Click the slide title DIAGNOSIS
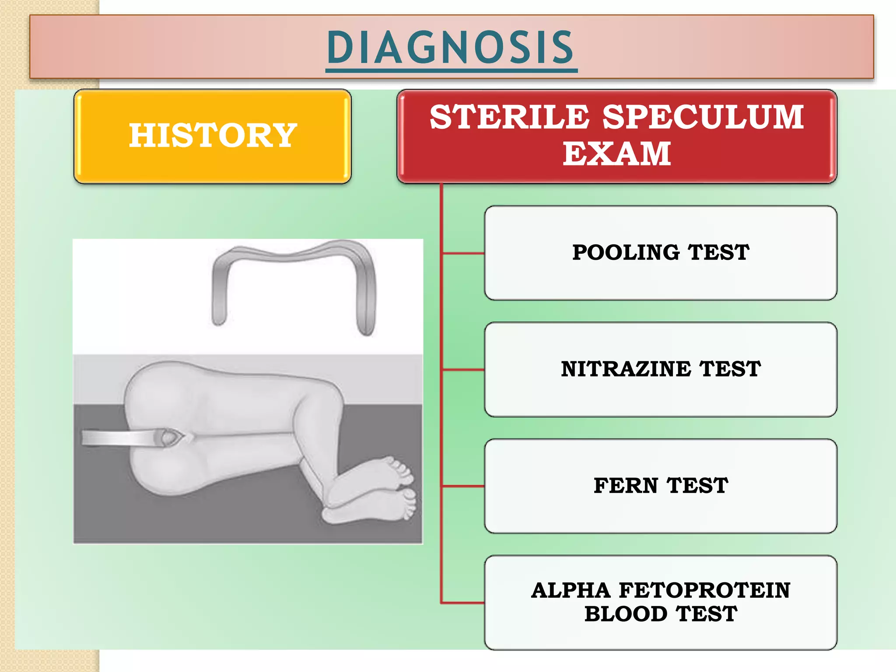(x=451, y=47)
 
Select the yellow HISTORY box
(x=213, y=136)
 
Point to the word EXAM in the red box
(x=616, y=154)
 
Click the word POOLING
(x=626, y=253)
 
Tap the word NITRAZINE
(x=626, y=369)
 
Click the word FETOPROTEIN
(x=704, y=591)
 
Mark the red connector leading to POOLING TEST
(x=463, y=253)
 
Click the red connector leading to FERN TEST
(x=463, y=486)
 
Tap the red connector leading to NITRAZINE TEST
(x=463, y=370)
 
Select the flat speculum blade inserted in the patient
(x=118, y=437)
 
